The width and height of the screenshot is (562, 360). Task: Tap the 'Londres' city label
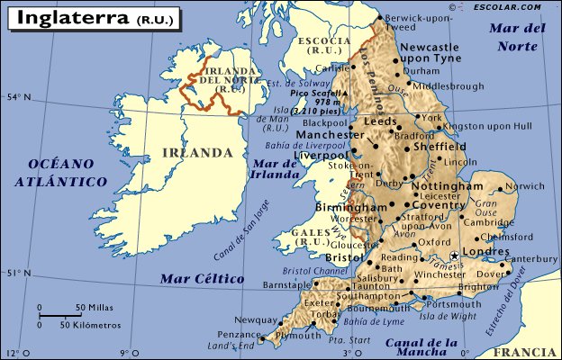pos(485,253)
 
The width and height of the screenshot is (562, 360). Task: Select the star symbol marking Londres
pos(455,256)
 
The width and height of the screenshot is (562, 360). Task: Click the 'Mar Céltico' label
pos(202,279)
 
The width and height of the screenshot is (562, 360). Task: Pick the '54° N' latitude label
pos(17,96)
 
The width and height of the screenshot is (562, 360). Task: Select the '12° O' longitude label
pos(14,353)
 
